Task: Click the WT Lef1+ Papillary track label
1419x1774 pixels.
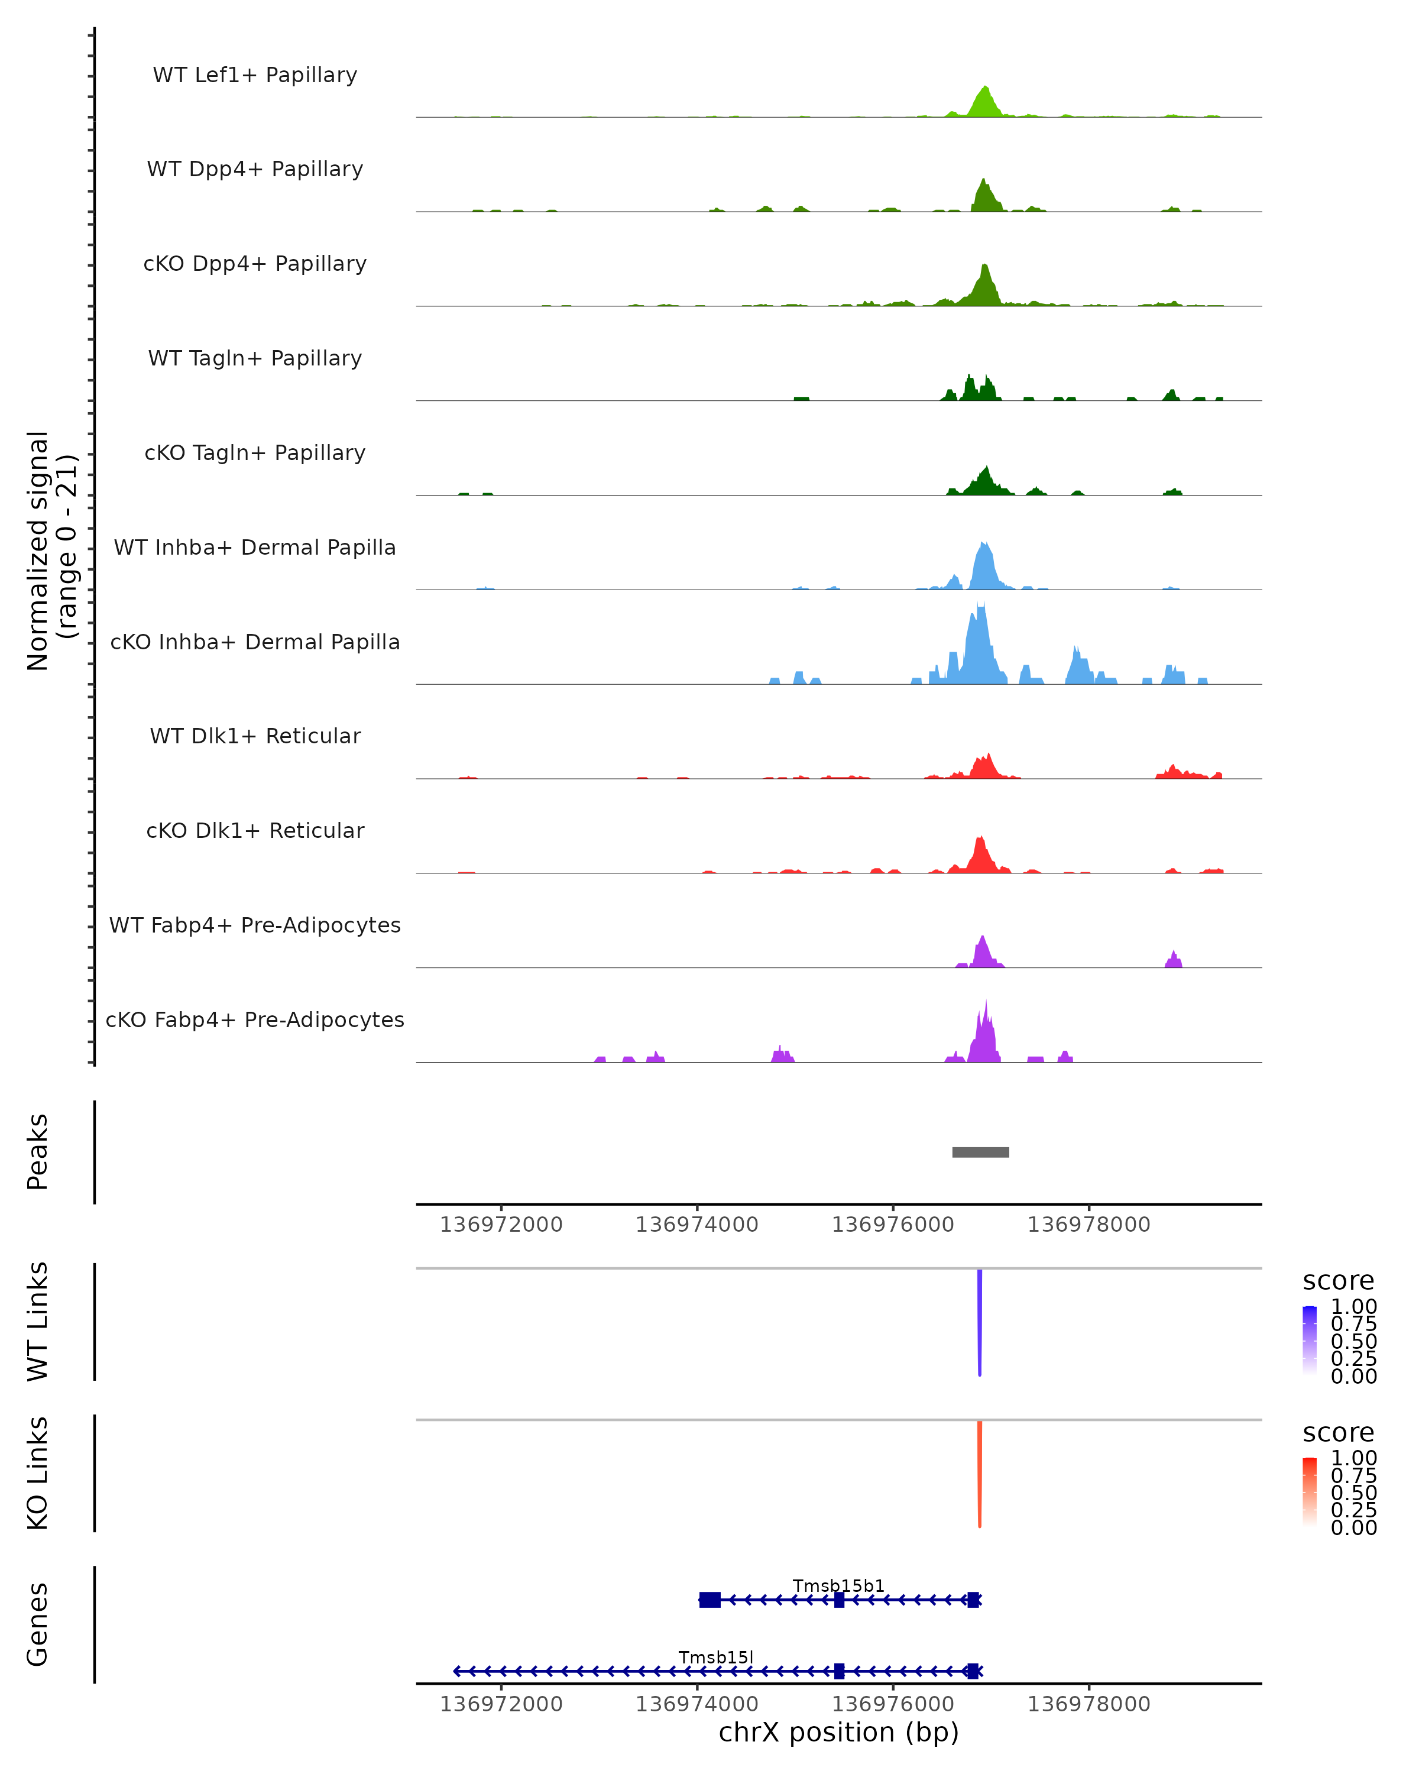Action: click(255, 75)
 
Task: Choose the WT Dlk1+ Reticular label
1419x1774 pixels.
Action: click(255, 736)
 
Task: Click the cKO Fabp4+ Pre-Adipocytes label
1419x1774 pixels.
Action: click(255, 1019)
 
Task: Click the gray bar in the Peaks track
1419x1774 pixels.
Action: click(980, 1152)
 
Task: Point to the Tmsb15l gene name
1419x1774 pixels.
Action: click(715, 1657)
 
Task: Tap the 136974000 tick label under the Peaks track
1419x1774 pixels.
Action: click(696, 1225)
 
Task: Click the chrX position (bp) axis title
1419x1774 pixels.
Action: click(838, 1732)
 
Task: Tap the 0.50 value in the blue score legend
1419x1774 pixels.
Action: click(1353, 1341)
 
